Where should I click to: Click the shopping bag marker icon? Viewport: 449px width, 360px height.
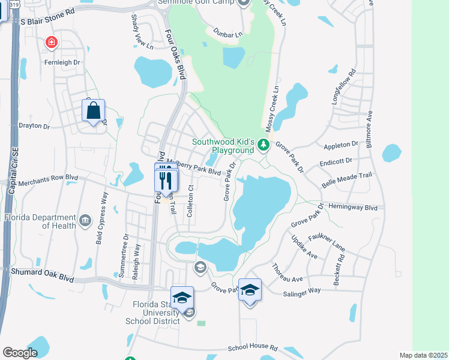pyautogui.click(x=93, y=111)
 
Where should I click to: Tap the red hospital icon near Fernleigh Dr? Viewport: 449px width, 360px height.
pyautogui.click(x=52, y=42)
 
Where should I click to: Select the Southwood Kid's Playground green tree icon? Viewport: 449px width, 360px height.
pyautogui.click(x=262, y=145)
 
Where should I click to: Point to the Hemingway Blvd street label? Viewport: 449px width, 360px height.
pyautogui.click(x=357, y=207)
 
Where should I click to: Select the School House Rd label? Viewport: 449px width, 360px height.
pyautogui.click(x=252, y=347)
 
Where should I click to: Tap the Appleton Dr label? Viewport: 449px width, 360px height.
pyautogui.click(x=340, y=145)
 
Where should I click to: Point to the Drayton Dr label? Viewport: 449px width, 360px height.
pyautogui.click(x=34, y=126)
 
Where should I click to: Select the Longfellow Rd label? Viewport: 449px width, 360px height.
pyautogui.click(x=344, y=88)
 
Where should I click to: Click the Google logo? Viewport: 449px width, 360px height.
pyautogui.click(x=20, y=353)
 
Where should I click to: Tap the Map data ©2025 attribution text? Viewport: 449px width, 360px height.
pyautogui.click(x=423, y=355)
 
